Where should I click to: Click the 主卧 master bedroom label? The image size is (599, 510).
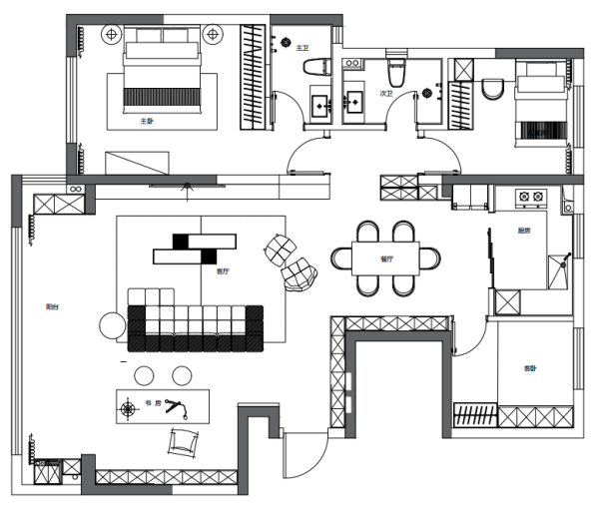[147, 122]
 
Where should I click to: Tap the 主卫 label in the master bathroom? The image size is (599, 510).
[301, 45]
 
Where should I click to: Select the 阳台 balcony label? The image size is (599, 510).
[51, 306]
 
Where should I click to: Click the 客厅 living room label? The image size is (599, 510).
[223, 269]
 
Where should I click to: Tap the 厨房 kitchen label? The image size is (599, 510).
[523, 231]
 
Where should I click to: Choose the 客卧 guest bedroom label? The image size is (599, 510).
[530, 368]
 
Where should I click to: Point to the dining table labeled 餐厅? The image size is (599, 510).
[386, 258]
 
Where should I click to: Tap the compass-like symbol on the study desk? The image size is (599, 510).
[128, 408]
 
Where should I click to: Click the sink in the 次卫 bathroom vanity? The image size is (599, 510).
[354, 100]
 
